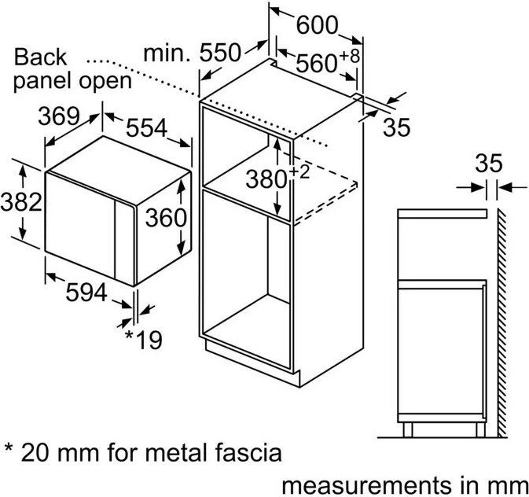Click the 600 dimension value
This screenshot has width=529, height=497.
click(318, 25)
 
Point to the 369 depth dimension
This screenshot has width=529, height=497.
click(59, 116)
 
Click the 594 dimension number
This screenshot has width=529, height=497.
click(85, 292)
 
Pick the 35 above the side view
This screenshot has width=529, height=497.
click(488, 164)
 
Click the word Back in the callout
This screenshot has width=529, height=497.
click(41, 57)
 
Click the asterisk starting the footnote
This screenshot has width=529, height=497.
click(9, 451)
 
